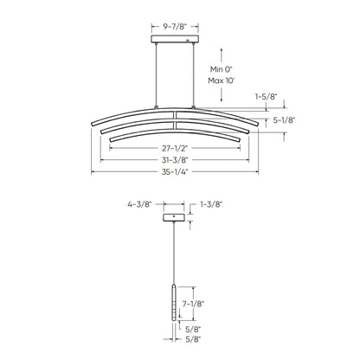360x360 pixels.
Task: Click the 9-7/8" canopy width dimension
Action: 175,27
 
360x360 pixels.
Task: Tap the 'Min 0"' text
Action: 222,69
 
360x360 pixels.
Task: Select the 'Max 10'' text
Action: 222,80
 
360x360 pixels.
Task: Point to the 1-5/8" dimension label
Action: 266,97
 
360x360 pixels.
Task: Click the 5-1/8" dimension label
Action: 284,120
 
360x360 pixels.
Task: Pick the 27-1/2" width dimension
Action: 175,148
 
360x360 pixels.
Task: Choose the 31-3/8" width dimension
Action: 175,160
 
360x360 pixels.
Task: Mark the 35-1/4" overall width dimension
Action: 175,172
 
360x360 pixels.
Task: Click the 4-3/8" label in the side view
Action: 139,204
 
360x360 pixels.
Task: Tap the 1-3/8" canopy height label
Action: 211,204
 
